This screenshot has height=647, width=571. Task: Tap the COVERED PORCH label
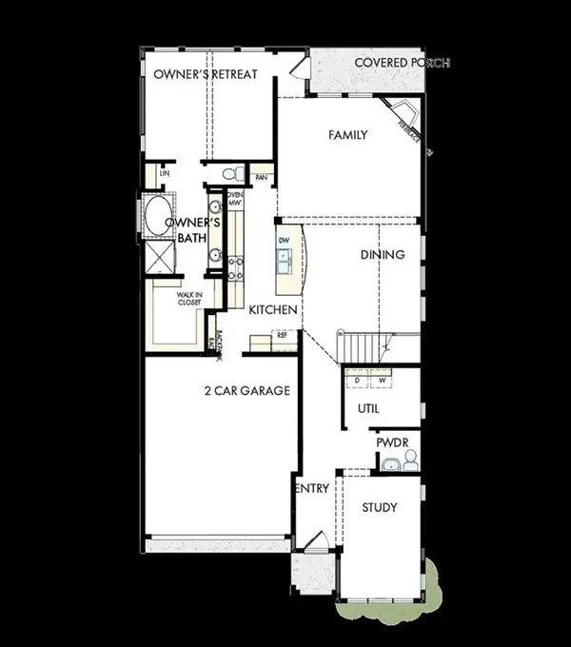[x=402, y=64]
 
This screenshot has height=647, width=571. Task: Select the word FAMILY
[x=347, y=135]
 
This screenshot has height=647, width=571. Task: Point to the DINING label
[x=383, y=254]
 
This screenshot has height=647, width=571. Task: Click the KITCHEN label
[x=274, y=310]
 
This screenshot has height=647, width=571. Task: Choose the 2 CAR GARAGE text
[x=246, y=390]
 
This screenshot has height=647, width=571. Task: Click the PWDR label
[x=391, y=442]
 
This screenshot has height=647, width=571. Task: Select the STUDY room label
[x=379, y=507]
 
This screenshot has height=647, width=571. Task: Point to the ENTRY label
[x=313, y=488]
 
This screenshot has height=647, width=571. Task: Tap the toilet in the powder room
[x=410, y=461]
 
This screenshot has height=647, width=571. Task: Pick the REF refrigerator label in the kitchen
[x=282, y=335]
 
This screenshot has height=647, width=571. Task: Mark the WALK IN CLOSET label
[x=188, y=299]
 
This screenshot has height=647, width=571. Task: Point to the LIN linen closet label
[x=165, y=174]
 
